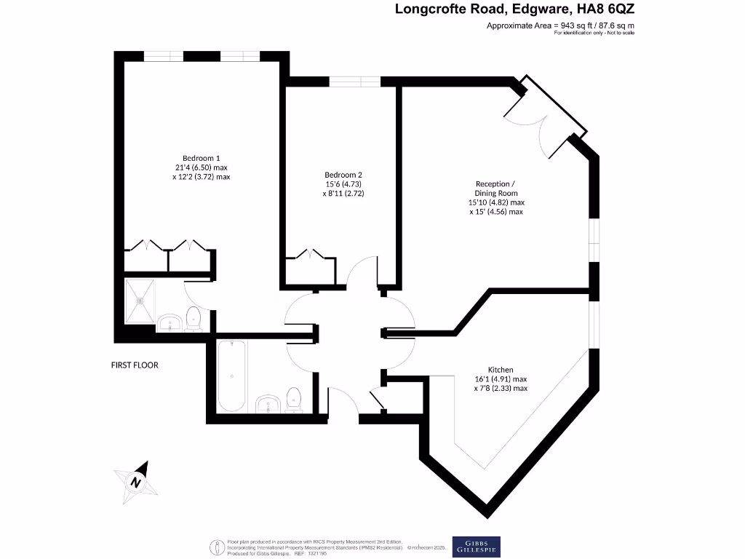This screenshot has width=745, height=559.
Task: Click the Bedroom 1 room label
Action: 201,158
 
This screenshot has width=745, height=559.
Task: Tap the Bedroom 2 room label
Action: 343,175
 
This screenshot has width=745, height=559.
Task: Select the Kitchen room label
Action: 501,370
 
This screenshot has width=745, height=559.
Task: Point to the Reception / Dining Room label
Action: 496,188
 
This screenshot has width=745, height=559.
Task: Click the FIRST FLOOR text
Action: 135,365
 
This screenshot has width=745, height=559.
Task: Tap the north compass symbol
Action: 136,482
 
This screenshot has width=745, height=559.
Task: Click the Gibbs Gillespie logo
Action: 477,546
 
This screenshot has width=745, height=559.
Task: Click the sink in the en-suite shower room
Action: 169,322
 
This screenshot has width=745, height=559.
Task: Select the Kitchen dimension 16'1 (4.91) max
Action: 501,379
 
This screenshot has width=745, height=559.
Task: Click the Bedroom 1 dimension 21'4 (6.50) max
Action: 202,167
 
